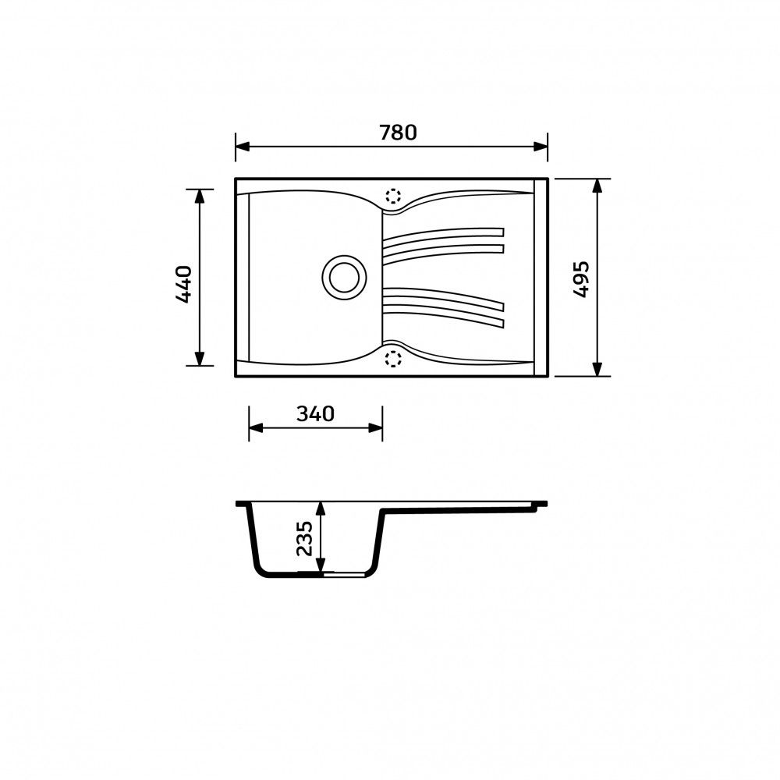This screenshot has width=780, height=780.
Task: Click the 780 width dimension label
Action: click(398, 133)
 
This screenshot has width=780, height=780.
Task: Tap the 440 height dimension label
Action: click(183, 285)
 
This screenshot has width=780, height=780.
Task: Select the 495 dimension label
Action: click(580, 279)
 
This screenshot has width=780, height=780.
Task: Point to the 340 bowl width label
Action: click(315, 413)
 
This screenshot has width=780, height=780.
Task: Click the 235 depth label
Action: click(303, 538)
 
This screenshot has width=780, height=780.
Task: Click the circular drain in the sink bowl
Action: click(344, 278)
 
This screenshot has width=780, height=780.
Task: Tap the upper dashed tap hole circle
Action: click(393, 196)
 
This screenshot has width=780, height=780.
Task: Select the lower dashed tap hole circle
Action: click(393, 358)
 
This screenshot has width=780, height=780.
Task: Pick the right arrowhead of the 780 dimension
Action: click(541, 147)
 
